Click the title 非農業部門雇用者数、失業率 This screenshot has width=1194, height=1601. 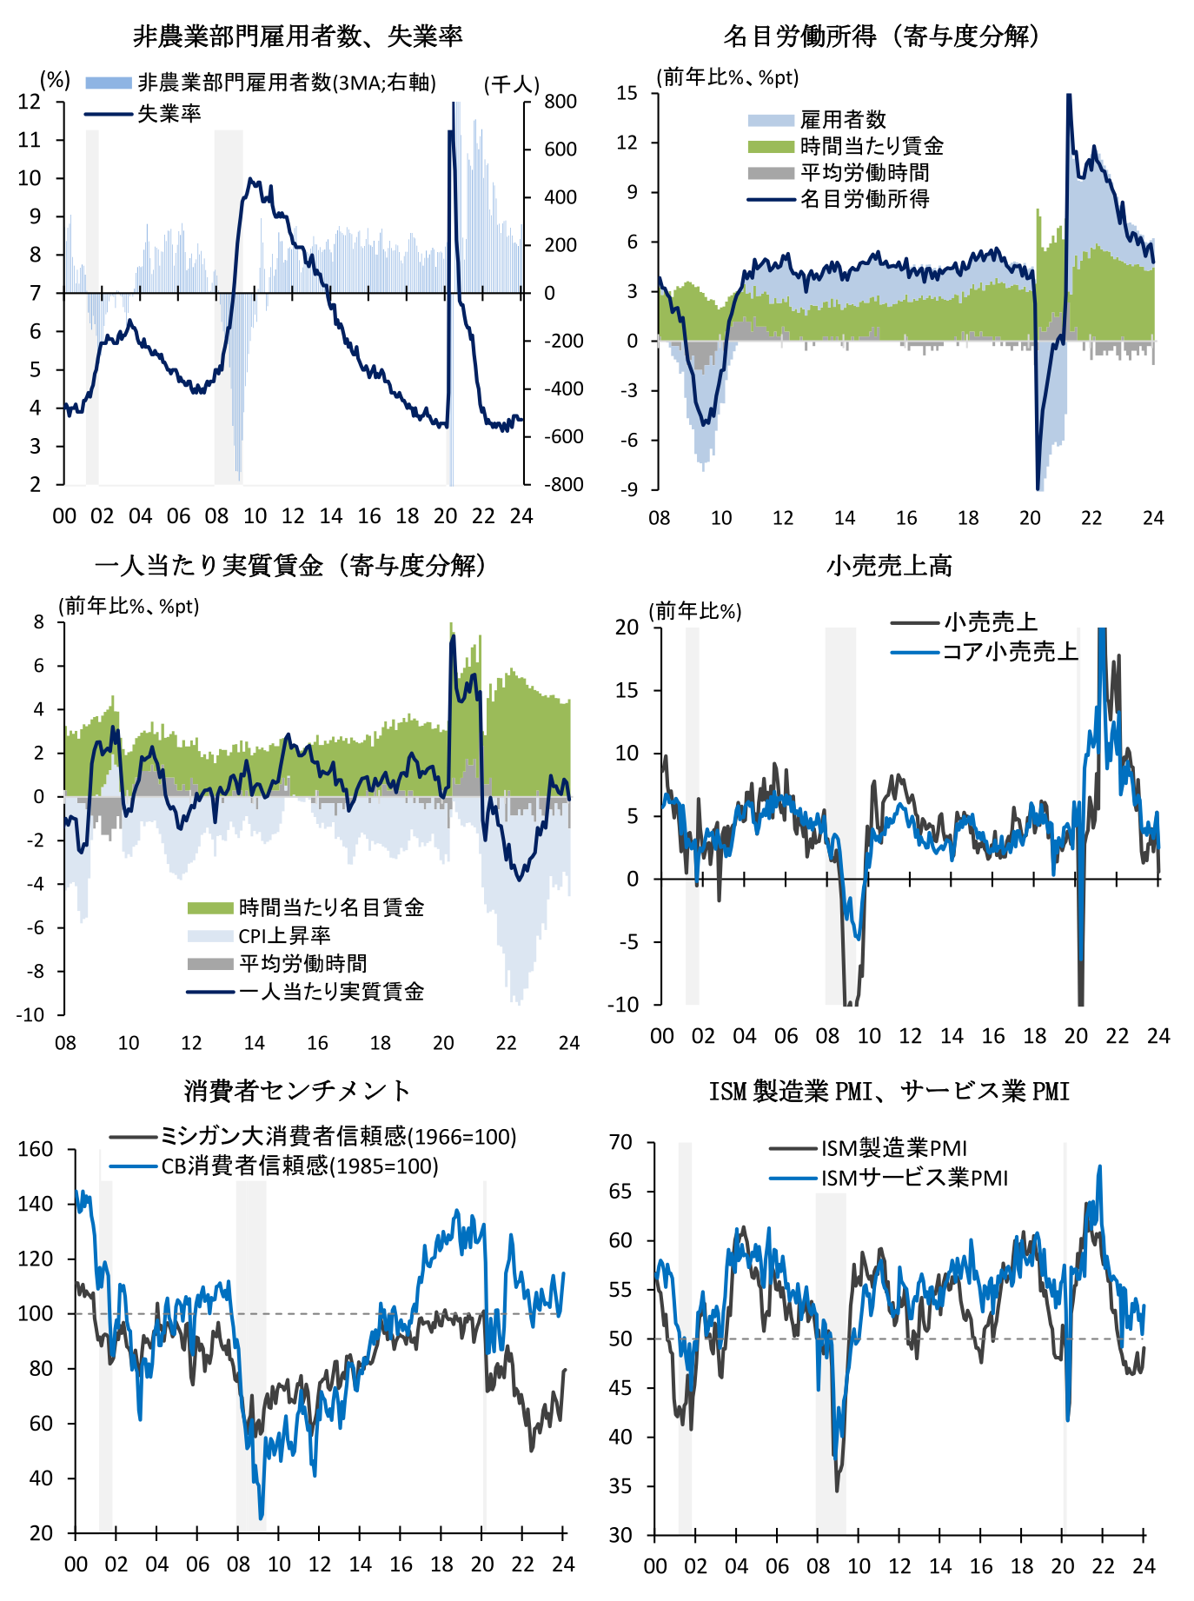click(297, 36)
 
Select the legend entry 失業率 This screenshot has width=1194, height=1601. click(169, 114)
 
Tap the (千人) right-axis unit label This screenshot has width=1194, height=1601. click(511, 83)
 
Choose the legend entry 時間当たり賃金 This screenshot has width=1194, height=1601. click(871, 146)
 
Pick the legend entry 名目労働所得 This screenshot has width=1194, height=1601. click(864, 199)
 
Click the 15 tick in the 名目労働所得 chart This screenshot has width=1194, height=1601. click(627, 93)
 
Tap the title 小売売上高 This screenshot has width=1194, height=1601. click(889, 566)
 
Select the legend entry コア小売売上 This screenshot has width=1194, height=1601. click(1010, 651)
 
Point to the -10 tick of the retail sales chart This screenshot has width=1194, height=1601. click(622, 1005)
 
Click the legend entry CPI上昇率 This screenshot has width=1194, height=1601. click(284, 935)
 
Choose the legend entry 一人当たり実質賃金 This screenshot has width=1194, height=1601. click(331, 991)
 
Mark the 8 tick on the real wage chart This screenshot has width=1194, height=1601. click(39, 621)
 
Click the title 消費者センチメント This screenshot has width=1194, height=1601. click(297, 1090)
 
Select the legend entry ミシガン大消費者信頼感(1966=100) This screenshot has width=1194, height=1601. click(337, 1136)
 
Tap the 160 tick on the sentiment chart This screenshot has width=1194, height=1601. click(36, 1149)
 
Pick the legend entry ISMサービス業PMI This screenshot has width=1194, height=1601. click(914, 1178)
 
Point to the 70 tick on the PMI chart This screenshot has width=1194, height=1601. click(620, 1142)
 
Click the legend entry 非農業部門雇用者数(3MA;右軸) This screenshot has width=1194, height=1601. click(287, 83)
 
